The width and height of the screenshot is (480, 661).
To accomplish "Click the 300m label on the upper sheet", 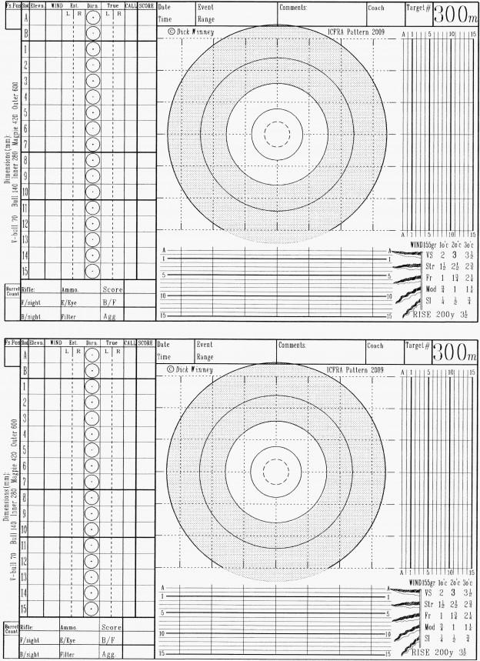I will point(455,14).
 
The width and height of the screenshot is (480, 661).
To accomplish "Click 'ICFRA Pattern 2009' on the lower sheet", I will point(355,370).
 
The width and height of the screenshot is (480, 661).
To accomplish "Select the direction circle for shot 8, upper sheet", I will point(92,161).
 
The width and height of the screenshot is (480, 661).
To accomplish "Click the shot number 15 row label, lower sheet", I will point(25,609).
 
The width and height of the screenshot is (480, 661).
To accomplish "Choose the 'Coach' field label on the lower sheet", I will point(375,346).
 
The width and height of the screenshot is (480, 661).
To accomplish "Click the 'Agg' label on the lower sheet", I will point(110,653).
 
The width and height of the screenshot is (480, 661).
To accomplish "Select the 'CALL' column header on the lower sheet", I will point(130,342).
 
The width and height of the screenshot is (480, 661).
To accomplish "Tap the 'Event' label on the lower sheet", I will point(205,345).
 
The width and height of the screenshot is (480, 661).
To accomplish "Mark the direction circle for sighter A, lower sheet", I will point(92,355).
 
